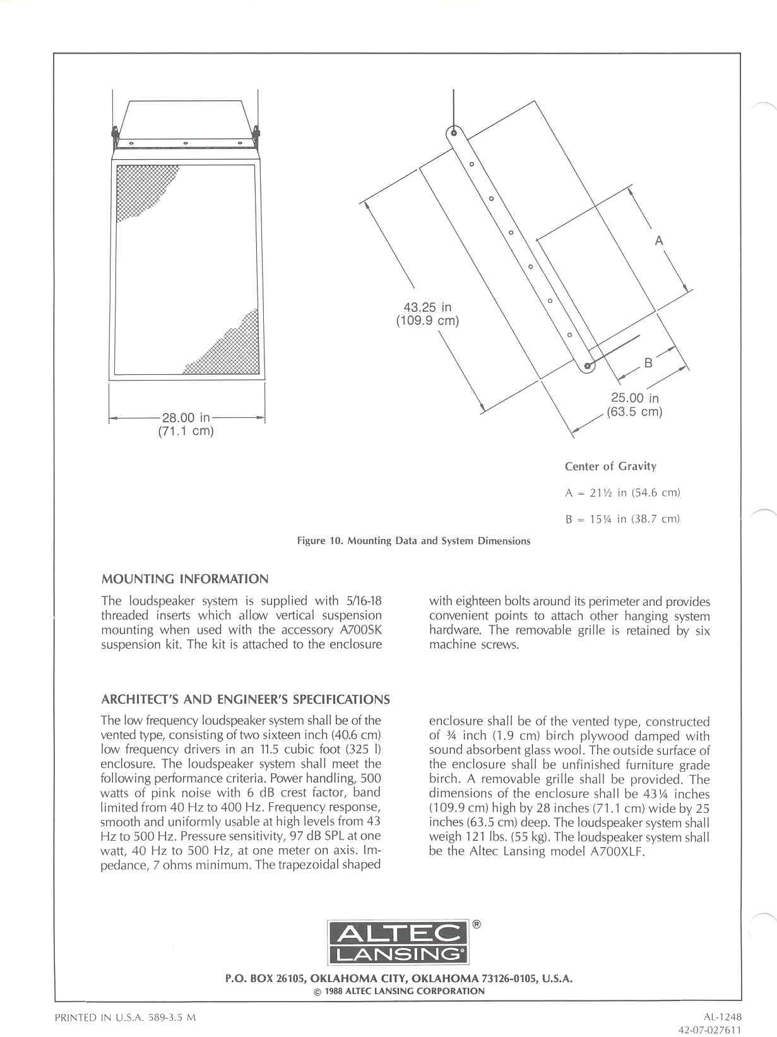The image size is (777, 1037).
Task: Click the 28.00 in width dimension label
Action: (186, 418)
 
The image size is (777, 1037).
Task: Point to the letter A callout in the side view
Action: (659, 240)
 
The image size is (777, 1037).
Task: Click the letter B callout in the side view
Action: (648, 363)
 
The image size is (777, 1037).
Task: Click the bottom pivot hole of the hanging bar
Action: (587, 365)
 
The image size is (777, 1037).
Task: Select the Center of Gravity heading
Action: (610, 466)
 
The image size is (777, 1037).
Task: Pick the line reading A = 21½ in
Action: (622, 493)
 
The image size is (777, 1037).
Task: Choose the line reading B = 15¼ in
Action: (622, 519)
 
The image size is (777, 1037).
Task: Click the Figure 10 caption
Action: (413, 541)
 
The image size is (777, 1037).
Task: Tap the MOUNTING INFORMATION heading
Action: (185, 579)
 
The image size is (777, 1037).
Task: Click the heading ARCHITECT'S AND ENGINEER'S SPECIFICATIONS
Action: (246, 699)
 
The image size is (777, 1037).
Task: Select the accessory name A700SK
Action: (360, 630)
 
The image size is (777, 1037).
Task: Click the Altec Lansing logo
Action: (398, 942)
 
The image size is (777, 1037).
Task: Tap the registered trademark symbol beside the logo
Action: (477, 925)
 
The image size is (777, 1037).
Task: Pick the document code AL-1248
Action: (723, 1017)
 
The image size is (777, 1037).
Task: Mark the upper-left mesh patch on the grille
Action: (142, 189)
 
